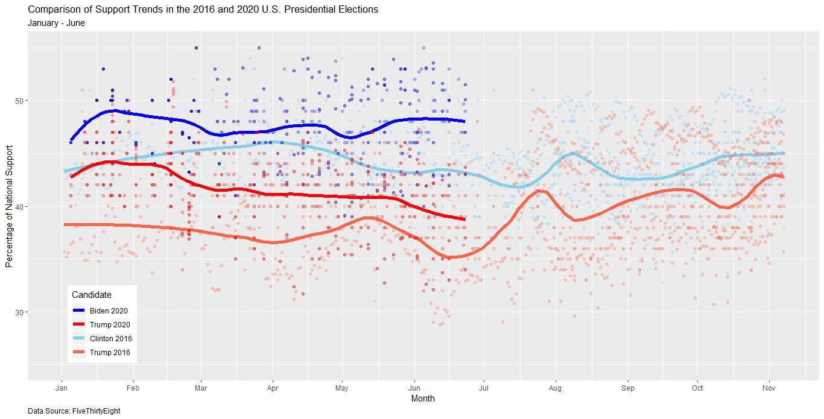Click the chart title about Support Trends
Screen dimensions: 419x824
coord(203,10)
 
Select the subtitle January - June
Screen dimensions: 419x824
coord(56,24)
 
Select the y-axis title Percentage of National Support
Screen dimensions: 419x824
coord(8,206)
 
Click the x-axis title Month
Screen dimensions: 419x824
coord(422,399)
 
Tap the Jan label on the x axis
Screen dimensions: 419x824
coord(62,388)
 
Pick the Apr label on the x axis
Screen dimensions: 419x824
coord(272,388)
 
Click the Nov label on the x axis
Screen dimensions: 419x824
coord(768,388)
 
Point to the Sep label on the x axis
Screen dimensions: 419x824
coord(627,388)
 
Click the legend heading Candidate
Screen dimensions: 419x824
coord(91,295)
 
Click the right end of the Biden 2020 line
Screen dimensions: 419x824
coord(464,121)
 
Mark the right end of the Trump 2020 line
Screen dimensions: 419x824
coord(464,219)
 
